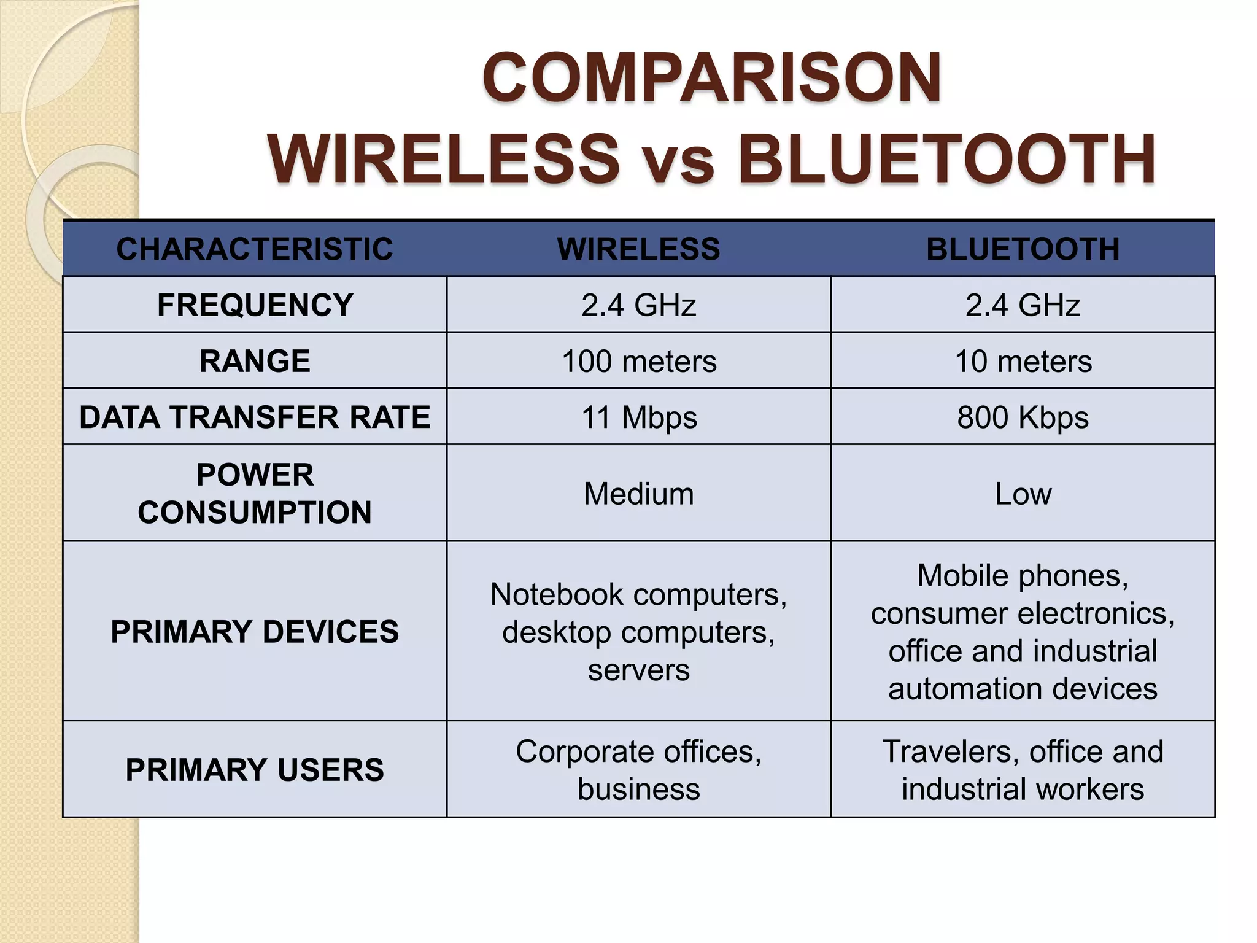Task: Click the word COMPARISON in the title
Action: point(711,78)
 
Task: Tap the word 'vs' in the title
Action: point(678,161)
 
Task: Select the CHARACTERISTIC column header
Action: point(254,249)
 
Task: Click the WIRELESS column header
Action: point(638,249)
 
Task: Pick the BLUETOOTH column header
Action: point(1023,249)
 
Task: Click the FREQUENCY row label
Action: point(255,305)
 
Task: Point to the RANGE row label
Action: point(255,361)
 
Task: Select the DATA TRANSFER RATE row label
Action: point(255,417)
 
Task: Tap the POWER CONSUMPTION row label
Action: point(255,494)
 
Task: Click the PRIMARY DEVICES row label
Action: point(255,632)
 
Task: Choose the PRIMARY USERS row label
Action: point(255,770)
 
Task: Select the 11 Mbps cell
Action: point(639,417)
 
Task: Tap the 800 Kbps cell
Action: point(1023,417)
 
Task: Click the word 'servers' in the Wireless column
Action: point(639,670)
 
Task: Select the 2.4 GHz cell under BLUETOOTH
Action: point(1023,305)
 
